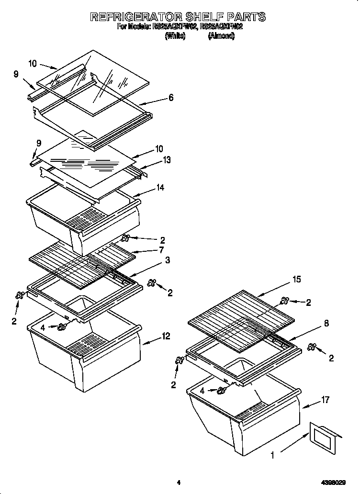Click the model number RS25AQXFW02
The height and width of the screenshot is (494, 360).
click(175, 27)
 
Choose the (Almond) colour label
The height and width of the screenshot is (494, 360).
click(221, 36)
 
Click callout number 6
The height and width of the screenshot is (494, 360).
click(170, 98)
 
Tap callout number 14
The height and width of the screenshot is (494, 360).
click(159, 188)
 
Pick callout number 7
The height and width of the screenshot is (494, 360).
click(161, 249)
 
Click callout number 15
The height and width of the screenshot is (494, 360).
click(297, 279)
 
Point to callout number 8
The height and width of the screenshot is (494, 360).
click(326, 323)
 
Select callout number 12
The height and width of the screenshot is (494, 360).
click(166, 337)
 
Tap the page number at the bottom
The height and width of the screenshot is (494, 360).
click(178, 483)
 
